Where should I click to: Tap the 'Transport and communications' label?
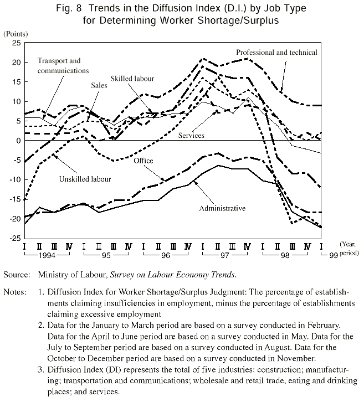coord(63,65)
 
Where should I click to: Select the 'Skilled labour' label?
coord(132,79)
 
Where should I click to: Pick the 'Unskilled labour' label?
coord(85,179)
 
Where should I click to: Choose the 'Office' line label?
coord(142,161)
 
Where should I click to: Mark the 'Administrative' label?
coord(222,208)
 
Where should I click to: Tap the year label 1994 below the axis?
coord(48,255)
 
